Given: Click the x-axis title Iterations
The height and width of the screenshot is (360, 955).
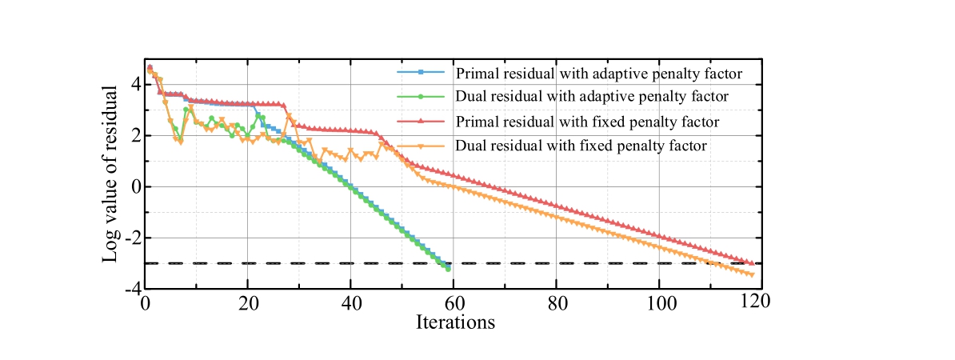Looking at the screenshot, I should pos(454,323).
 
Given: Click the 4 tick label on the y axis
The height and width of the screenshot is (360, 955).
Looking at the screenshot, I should pos(135,84).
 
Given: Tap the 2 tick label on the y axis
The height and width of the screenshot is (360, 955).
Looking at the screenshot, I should pos(135,135).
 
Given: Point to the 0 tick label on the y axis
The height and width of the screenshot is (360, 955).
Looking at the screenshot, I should pos(135,186).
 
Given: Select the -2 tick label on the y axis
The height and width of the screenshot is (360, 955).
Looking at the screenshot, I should pos(132,238).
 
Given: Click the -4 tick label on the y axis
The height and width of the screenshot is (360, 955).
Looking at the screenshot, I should pos(132,287).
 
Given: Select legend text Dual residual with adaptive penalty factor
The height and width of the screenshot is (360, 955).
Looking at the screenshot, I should pos(592,98).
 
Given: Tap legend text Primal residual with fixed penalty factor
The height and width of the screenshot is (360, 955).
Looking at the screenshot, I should pos(587,122).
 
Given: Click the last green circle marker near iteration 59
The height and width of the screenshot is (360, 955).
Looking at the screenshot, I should pos(448,269).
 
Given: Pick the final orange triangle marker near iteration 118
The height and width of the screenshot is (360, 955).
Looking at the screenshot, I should pos(751,275).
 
